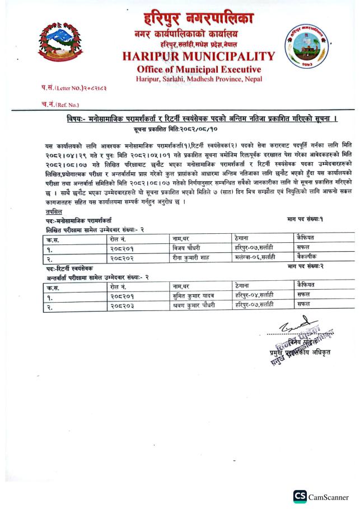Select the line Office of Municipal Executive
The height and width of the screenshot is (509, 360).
pyautogui.click(x=199, y=69)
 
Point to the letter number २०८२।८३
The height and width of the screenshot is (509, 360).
pyautogui.click(x=92, y=88)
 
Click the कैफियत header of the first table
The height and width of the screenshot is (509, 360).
pyautogui.click(x=304, y=238)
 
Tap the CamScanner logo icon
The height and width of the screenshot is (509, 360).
pyautogui.click(x=300, y=496)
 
